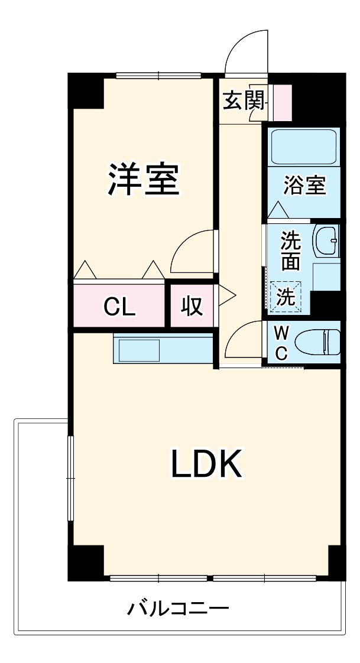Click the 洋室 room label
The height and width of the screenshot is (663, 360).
coord(144,179)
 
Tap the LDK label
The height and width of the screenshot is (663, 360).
coord(206,463)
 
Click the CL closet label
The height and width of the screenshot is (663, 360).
coord(120,307)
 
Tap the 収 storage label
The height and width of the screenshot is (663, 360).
coord(193,307)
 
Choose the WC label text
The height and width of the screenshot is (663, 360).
coord(282,343)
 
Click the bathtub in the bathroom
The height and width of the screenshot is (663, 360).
coord(303,147)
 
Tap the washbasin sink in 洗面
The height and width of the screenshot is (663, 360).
coord(326,240)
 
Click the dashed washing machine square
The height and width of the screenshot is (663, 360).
coord(286,297)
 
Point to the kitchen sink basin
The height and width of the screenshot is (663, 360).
coord(139,350)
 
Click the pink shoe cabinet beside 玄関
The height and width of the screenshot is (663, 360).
coord(283,103)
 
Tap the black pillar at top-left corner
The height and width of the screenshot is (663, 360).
coord(86,90)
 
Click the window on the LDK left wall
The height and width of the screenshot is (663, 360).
coord(70,478)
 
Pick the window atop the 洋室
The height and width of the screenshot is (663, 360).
coord(158,76)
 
